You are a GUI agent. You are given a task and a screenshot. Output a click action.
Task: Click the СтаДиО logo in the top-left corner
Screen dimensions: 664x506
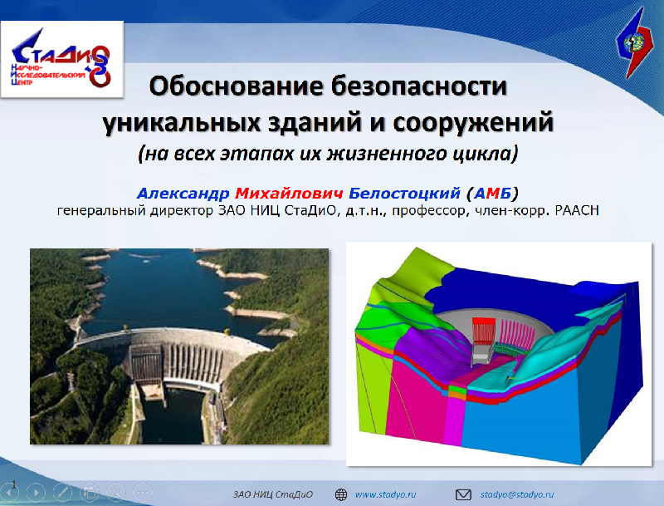61,59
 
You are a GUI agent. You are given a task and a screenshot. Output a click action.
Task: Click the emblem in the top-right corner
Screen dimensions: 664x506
635,43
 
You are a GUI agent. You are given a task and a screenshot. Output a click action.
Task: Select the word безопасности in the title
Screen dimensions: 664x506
419,86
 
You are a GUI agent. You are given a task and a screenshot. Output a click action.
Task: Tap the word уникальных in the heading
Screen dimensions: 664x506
182,123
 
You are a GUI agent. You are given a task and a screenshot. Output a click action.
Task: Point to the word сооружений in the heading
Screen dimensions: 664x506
473,123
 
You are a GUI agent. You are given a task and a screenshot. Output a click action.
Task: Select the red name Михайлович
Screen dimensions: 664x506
289,194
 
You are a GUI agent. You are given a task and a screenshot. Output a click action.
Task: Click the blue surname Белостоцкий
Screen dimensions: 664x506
404,194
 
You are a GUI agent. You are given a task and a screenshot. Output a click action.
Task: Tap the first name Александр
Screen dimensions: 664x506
183,194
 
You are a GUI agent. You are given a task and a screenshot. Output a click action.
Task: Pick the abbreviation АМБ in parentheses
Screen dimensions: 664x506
492,194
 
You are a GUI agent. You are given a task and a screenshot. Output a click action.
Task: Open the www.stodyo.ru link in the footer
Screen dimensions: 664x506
385,494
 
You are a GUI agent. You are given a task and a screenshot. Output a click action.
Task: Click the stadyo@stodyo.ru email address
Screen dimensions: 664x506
516,494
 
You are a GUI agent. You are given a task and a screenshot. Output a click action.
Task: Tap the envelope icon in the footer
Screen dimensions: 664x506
463,494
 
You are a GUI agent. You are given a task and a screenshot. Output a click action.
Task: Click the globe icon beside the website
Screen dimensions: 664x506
341,494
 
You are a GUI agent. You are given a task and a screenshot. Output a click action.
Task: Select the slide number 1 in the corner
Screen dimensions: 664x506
13,484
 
